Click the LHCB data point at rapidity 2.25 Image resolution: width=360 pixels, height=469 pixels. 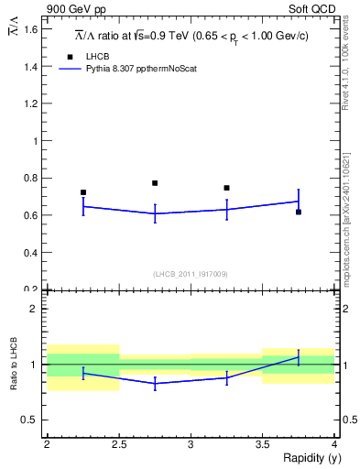coord(83,192)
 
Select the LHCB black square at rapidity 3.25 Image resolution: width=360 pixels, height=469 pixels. coord(226,188)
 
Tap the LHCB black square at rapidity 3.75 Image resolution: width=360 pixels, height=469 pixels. coord(299,212)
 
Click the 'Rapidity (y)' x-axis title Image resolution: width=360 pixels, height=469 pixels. coord(303,459)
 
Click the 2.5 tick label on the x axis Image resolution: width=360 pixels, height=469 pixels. coord(118,444)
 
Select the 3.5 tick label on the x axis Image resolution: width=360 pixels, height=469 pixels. coord(262,444)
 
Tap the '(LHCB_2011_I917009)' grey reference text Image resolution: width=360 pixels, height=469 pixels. coord(191,274)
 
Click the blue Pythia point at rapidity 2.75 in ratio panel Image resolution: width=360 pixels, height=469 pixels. coord(155,383)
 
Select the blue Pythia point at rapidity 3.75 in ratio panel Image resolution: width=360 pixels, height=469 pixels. coord(299,357)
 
